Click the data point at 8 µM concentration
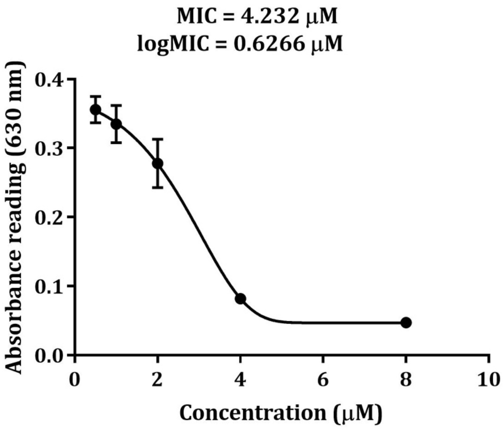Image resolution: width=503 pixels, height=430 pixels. [406, 323]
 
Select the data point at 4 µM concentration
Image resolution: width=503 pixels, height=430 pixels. [240, 299]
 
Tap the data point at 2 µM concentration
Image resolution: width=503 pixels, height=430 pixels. [158, 163]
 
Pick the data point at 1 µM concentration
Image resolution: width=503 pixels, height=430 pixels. [116, 124]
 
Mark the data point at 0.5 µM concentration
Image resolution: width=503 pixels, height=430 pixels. [96, 109]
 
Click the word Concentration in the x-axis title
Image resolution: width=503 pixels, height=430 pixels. [252, 413]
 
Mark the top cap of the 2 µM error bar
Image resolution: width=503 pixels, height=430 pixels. [158, 139]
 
